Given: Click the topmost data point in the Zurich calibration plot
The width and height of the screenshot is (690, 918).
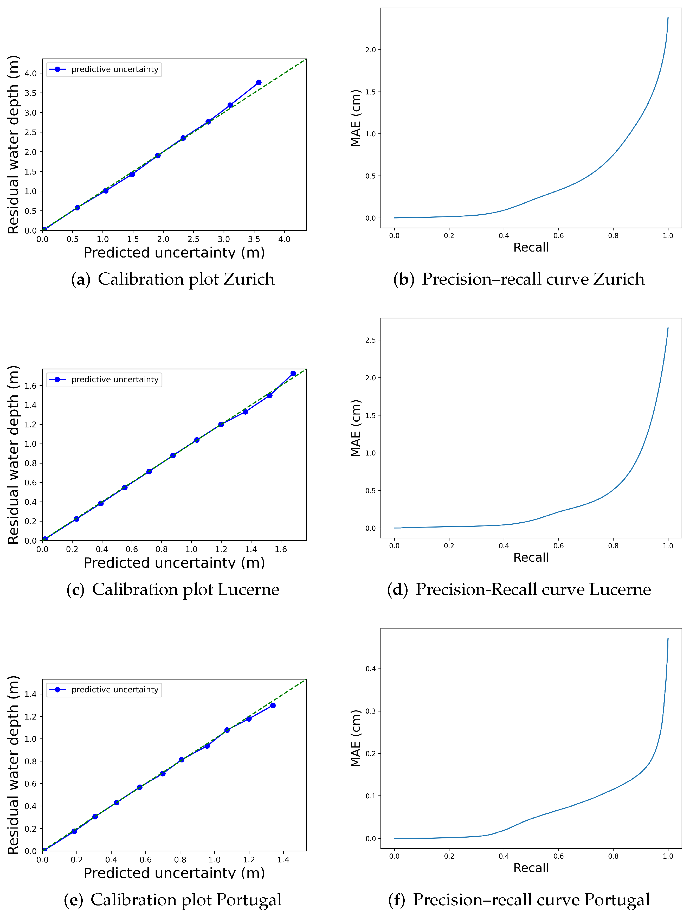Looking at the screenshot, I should coord(259,82).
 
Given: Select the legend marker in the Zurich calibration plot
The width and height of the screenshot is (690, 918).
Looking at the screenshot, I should coord(58,69).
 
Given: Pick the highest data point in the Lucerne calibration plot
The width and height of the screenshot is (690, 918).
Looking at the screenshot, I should coord(293,374).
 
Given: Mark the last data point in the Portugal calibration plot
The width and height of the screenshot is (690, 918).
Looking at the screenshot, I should coord(273,705).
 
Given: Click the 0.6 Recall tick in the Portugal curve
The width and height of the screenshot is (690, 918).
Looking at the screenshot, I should coord(558,856).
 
